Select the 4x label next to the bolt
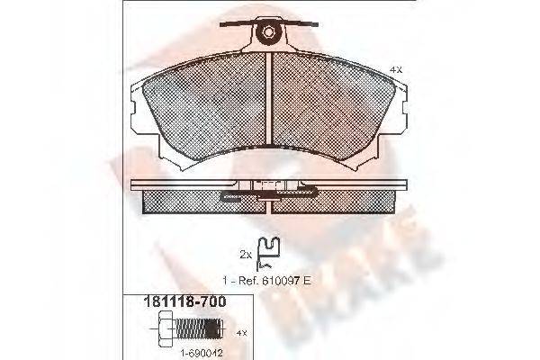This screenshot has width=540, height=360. [240, 332]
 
